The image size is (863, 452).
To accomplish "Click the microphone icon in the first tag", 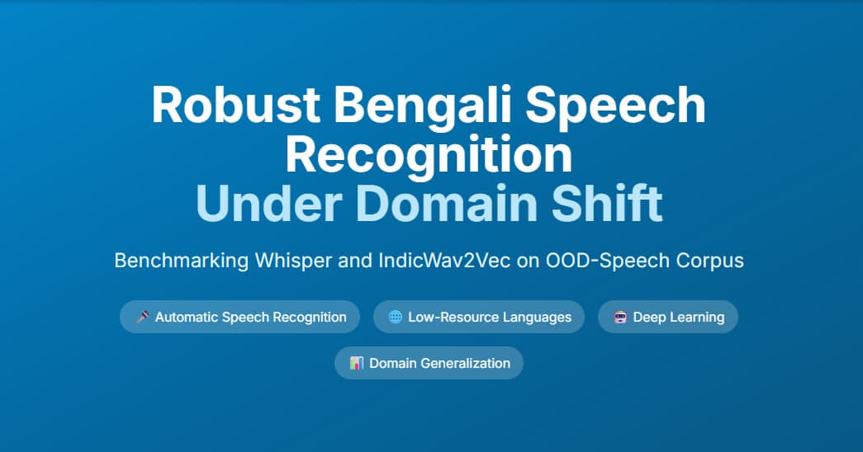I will (142, 317).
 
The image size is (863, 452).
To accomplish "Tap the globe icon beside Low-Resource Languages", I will (395, 317).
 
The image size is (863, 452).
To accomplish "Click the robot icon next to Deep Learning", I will (619, 317).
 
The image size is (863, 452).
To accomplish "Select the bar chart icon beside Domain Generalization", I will (356, 363).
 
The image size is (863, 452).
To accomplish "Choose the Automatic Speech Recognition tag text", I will (250, 317).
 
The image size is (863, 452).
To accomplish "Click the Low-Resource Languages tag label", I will (489, 317).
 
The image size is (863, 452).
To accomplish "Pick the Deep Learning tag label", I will (678, 317).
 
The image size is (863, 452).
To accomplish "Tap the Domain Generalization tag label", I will (439, 363).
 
